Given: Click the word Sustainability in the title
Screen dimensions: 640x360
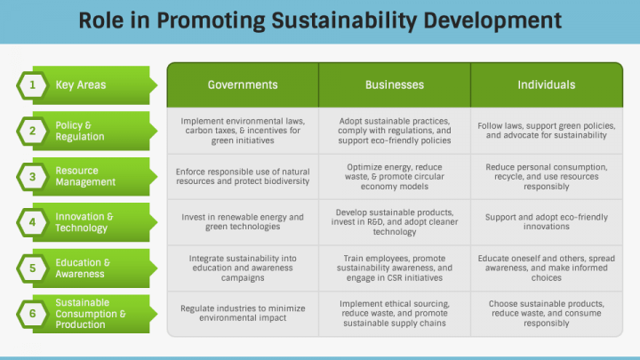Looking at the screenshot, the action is (x=344, y=20).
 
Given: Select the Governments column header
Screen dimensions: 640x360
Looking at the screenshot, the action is (x=243, y=85).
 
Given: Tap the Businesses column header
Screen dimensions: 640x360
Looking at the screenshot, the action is (x=395, y=85).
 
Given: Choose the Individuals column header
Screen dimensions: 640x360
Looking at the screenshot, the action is (x=547, y=85).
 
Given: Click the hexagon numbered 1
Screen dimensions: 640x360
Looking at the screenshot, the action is (x=32, y=85).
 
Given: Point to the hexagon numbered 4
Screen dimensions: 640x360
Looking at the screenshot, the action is (x=32, y=222).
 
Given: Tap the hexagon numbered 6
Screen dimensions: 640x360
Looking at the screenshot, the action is (x=32, y=314).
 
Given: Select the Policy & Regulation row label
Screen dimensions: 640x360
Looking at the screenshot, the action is (x=80, y=131).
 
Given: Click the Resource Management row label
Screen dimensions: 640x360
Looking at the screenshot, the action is (x=85, y=176).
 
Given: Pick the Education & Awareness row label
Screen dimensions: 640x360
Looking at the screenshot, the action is (x=83, y=268).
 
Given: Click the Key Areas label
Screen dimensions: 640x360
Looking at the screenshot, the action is (x=81, y=85).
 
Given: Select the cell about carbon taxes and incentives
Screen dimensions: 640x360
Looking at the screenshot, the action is (x=243, y=131).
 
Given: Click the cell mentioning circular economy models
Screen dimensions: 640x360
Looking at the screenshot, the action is (x=395, y=177).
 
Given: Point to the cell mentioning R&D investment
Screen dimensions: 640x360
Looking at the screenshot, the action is (x=395, y=222).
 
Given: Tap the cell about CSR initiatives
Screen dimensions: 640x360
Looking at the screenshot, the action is (x=395, y=268).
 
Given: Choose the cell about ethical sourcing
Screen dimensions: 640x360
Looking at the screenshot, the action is (x=395, y=314).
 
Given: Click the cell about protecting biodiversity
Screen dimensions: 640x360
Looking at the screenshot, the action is (x=243, y=177).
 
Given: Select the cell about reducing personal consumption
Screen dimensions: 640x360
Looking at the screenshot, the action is (x=547, y=177).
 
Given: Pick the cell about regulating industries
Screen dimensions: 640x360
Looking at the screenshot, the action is (x=243, y=314).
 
